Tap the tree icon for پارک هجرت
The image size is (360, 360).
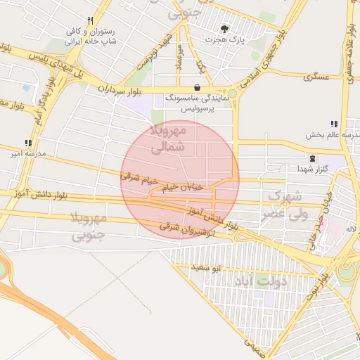click(224, 29)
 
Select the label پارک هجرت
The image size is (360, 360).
click(224, 40)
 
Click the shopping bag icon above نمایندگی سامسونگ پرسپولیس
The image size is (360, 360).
click(196, 87)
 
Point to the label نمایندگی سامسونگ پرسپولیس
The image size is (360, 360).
click(195, 104)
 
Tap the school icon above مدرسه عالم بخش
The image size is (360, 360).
click(333, 123)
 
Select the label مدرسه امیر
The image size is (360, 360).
click(26, 153)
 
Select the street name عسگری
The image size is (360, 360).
click(316, 76)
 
